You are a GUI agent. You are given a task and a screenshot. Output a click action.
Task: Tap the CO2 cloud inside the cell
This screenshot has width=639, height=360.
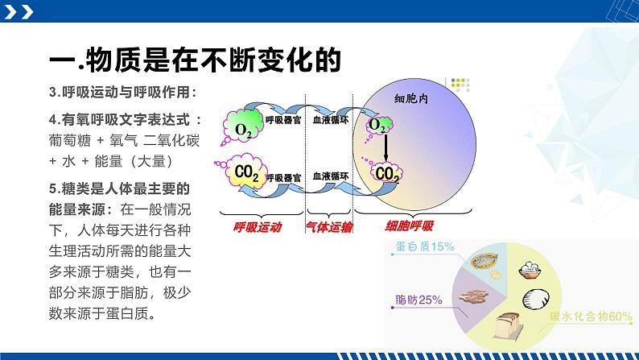pos(385,172)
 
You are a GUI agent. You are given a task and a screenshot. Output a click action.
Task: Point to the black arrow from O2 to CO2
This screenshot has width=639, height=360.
pos(385,148)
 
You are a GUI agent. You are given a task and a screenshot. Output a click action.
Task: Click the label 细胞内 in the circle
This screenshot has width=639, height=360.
pos(412,99)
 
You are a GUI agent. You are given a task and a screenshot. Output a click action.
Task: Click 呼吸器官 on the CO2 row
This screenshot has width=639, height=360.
pos(283,175)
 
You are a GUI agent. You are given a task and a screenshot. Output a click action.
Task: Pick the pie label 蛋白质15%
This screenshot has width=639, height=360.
pos(425,246)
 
